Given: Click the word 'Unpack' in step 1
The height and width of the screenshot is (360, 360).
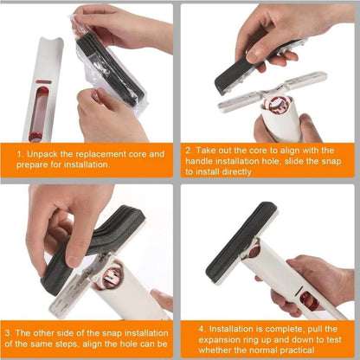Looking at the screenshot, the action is [42, 154].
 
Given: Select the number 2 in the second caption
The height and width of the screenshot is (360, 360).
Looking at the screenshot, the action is [188, 151].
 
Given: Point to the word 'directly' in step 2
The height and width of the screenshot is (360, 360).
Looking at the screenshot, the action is [236, 172].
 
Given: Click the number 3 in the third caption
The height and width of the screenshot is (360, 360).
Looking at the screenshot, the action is [8, 333].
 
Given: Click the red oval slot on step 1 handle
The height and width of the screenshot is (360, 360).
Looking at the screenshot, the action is [38, 114].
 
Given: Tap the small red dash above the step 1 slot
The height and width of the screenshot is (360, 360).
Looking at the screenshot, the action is [43, 82].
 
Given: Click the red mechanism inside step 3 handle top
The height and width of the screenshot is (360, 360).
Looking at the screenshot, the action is [110, 280].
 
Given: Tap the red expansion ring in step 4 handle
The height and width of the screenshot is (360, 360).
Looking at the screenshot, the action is [309, 302].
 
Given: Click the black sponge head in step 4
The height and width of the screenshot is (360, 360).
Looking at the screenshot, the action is [241, 241].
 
